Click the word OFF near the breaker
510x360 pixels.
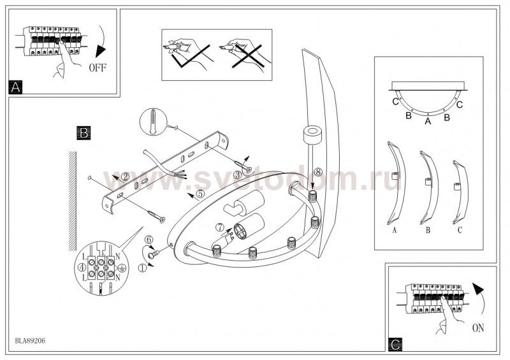click(98, 68)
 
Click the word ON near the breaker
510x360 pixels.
click(477, 328)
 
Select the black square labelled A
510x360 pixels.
click(15, 87)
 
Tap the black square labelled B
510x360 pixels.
click(84, 133)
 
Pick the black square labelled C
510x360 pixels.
click(395, 345)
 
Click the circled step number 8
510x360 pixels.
click(317, 171)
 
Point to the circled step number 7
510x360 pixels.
click(220, 226)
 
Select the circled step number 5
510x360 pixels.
click(200, 194)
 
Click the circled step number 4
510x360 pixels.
click(82, 267)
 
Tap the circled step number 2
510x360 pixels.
click(125, 176)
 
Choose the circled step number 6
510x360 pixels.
click(149, 240)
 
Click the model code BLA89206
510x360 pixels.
click(30, 341)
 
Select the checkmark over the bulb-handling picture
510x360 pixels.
click(190, 57)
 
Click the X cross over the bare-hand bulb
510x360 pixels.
click(247, 56)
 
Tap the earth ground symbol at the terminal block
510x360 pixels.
click(122, 268)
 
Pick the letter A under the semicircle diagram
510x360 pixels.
click(428, 122)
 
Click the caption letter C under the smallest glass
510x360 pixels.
click(460, 230)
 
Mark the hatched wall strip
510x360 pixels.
click(72, 201)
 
